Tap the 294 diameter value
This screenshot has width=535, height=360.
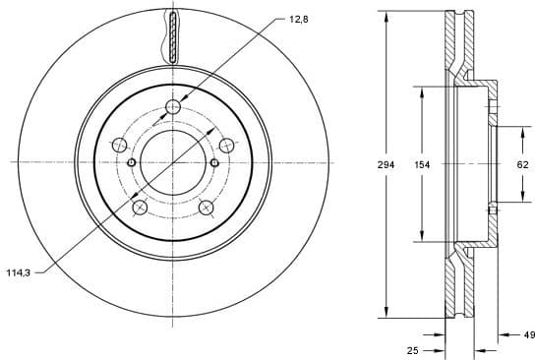pos(386,165)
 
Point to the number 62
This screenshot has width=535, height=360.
pos(523,165)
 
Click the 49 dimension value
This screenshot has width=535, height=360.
pos(529,334)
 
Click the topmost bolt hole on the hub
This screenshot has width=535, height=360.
pos(174,107)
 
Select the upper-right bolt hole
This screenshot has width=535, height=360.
pos(227,146)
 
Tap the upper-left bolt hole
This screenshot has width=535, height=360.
pos(120,146)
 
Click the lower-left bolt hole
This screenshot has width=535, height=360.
pos(140,208)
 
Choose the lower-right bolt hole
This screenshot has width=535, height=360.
pos(207,208)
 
